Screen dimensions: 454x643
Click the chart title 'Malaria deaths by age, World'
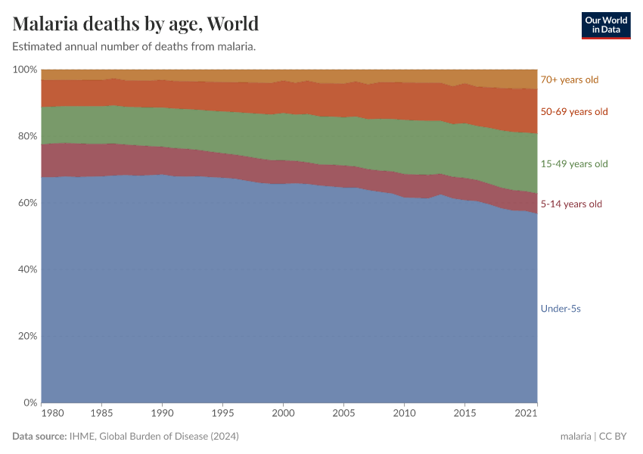pyautogui.click(x=135, y=23)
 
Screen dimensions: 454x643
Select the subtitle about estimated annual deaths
pyautogui.click(x=134, y=47)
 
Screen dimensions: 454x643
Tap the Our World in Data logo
pyautogui.click(x=605, y=25)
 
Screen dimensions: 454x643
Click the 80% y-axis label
pyautogui.click(x=26, y=136)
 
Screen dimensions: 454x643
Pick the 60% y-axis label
pyautogui.click(x=26, y=203)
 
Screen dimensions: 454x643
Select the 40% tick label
pyautogui.click(x=26, y=269)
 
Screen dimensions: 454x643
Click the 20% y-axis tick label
pyautogui.click(x=26, y=336)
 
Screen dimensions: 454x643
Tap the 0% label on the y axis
pyautogui.click(x=30, y=403)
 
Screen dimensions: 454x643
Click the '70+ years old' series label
pyautogui.click(x=569, y=79)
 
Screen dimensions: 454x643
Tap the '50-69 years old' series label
pyautogui.click(x=573, y=112)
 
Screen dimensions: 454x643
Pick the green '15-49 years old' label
pyautogui.click(x=573, y=164)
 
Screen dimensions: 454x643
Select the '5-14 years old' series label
pyautogui.click(x=571, y=204)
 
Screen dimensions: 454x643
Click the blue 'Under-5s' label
pyautogui.click(x=560, y=309)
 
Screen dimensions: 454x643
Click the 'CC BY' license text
pyautogui.click(x=615, y=437)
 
